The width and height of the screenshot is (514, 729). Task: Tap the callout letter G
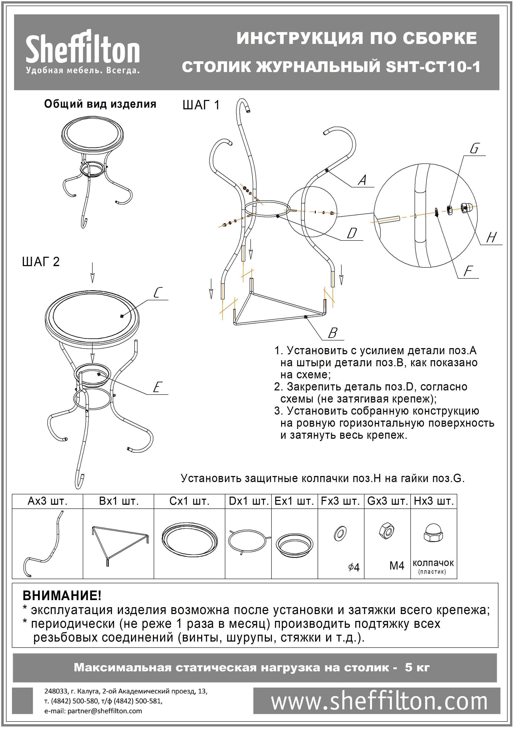click(x=474, y=149)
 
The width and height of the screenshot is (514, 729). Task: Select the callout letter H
click(x=491, y=237)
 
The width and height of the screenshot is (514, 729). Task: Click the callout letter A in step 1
click(x=362, y=180)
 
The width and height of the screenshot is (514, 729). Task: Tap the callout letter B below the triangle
click(x=332, y=333)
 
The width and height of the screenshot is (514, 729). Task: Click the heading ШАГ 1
click(x=201, y=105)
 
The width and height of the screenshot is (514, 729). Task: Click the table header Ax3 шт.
click(x=48, y=501)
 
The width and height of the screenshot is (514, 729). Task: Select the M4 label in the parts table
click(x=397, y=566)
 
